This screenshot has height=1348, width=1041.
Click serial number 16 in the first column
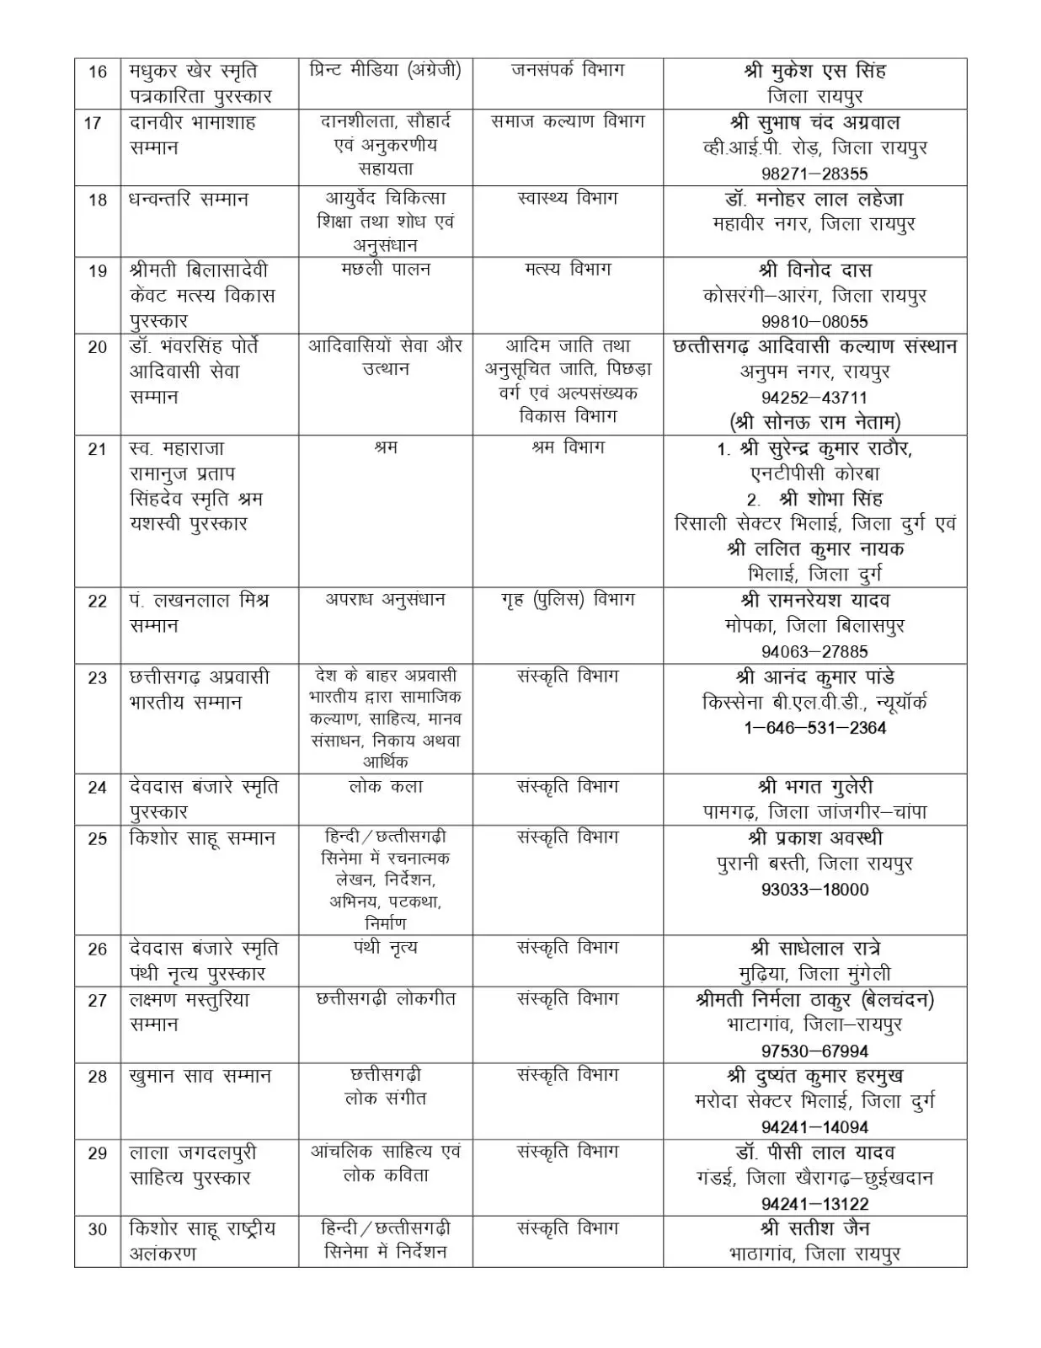click(98, 72)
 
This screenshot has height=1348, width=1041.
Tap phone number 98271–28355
click(814, 174)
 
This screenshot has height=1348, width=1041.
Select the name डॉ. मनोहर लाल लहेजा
click(814, 200)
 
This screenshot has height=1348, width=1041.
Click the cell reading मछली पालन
click(386, 270)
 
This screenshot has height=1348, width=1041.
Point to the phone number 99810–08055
click(814, 321)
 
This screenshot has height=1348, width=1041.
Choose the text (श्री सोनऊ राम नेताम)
click(814, 422)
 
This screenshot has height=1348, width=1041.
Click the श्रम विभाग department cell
click(568, 448)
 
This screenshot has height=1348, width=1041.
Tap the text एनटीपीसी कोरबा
click(814, 473)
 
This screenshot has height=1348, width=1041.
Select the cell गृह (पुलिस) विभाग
click(568, 600)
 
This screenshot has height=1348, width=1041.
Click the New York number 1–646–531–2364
click(814, 728)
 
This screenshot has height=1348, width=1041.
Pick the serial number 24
click(98, 787)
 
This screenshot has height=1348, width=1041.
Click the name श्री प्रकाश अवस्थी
click(814, 838)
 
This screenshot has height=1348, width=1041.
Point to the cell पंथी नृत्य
click(386, 948)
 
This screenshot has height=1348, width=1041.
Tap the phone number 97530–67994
click(814, 1051)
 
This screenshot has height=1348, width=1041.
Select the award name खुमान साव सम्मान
click(200, 1076)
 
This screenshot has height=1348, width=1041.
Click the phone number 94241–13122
click(814, 1204)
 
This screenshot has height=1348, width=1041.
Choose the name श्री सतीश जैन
click(814, 1228)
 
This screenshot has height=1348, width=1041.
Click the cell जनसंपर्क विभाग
click(568, 71)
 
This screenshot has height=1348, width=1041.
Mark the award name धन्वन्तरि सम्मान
click(189, 200)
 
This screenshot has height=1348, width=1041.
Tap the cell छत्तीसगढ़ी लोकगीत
click(386, 999)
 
